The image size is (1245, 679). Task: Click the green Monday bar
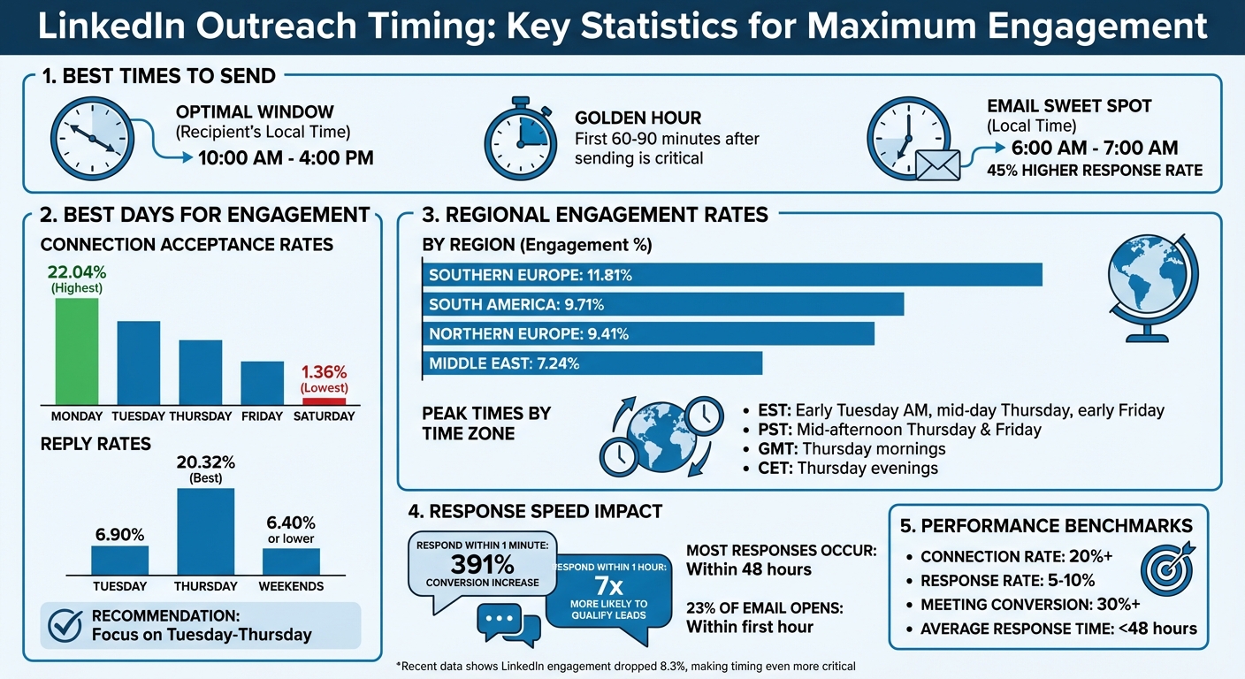77,351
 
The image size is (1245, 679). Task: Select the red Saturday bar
324,401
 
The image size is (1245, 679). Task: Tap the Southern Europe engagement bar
732,275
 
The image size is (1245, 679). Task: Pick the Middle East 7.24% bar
592,362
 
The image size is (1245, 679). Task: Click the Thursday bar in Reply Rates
206,531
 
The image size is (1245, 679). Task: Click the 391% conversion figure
482,564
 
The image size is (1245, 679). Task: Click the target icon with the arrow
1167,569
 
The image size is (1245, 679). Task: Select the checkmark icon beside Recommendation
65,625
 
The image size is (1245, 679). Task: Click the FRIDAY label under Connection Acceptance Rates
262,416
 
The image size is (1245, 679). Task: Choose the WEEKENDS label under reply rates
291,586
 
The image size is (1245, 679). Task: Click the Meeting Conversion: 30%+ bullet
1029,605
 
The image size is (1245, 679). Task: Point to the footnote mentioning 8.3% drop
626,666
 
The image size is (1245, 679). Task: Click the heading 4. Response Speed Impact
535,511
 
